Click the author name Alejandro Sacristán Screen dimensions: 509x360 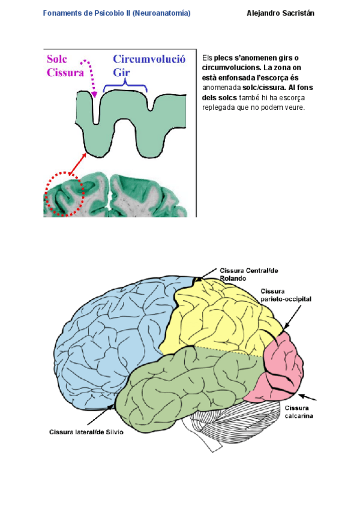click(280, 13)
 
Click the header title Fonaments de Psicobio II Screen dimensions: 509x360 click(117, 13)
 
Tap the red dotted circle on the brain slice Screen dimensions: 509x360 click(64, 194)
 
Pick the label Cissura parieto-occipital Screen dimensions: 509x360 click(286, 295)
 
